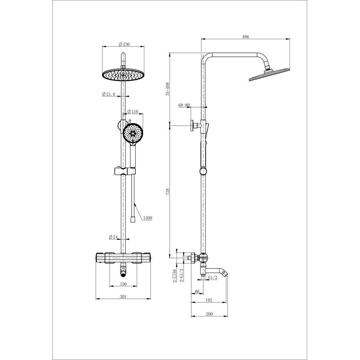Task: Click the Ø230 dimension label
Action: click(124, 44)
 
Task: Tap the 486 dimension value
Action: click(246, 36)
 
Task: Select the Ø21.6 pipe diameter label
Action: click(108, 94)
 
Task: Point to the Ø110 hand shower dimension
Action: click(133, 112)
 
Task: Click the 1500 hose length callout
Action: click(148, 218)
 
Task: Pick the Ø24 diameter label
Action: click(113, 237)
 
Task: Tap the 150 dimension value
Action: click(123, 284)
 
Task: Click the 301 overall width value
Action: click(123, 296)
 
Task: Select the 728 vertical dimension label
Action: click(168, 192)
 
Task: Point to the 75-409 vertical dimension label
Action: click(168, 89)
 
